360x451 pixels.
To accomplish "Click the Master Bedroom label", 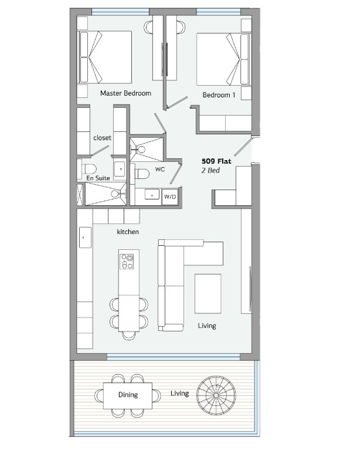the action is click(125, 93).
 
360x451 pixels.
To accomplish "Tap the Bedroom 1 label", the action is click(219, 95).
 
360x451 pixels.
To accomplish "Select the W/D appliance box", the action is click(170, 196).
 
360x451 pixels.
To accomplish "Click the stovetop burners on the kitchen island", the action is click(127, 262).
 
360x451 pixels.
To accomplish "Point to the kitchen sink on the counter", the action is click(85, 238).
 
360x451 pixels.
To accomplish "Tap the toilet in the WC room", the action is click(142, 174).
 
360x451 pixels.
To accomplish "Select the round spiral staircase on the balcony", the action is click(216, 395).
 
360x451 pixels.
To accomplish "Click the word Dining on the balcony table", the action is click(128, 395).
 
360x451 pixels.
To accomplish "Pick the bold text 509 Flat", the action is click(216, 161).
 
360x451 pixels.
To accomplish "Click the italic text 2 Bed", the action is click(210, 170).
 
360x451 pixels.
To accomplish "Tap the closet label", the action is click(102, 138).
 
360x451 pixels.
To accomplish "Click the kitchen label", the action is click(128, 232).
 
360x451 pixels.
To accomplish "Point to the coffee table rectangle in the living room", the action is click(208, 293).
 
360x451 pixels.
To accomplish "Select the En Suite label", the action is click(98, 178).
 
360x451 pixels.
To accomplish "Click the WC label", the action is click(160, 169).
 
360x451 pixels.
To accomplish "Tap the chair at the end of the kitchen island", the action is click(129, 335).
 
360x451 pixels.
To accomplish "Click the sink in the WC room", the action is click(152, 195).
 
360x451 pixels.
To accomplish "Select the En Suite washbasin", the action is click(120, 169).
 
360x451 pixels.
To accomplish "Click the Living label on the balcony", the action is click(180, 393).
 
